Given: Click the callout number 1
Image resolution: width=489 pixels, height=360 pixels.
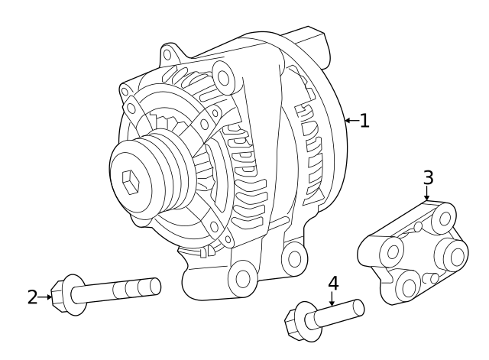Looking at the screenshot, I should [x=364, y=120].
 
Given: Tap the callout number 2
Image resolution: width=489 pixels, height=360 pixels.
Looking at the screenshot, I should [x=32, y=297].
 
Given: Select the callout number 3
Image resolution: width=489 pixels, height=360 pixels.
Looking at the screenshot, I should [x=428, y=177].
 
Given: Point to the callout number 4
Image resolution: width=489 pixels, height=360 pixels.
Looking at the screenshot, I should [x=332, y=283].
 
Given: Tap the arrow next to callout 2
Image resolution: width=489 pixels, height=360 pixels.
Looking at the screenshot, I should [x=45, y=297].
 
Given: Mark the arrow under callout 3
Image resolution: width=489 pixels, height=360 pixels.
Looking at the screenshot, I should [x=428, y=194].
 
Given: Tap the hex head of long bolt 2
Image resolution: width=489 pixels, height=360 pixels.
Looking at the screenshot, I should [x=61, y=293].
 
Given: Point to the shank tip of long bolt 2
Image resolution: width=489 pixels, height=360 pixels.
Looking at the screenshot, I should [x=155, y=286].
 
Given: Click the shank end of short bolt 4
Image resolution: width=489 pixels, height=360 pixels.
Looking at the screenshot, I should [x=358, y=306].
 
